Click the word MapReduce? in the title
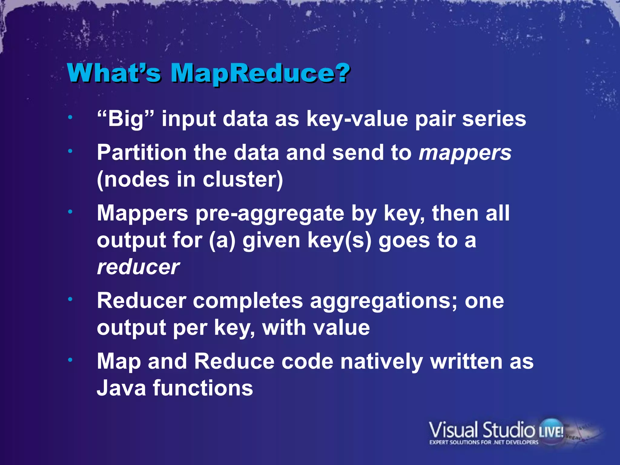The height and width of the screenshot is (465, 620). pyautogui.click(x=260, y=73)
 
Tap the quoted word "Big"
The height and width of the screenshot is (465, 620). pyautogui.click(x=126, y=118)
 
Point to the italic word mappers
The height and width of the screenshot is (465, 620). pyautogui.click(x=465, y=153)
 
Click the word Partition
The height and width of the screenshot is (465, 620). pyautogui.click(x=142, y=152)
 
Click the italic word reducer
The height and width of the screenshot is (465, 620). pyautogui.click(x=138, y=267)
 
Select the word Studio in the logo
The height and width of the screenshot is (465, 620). pyautogui.click(x=508, y=430)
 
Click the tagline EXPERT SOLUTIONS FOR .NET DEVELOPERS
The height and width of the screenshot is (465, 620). pyautogui.click(x=484, y=442)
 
